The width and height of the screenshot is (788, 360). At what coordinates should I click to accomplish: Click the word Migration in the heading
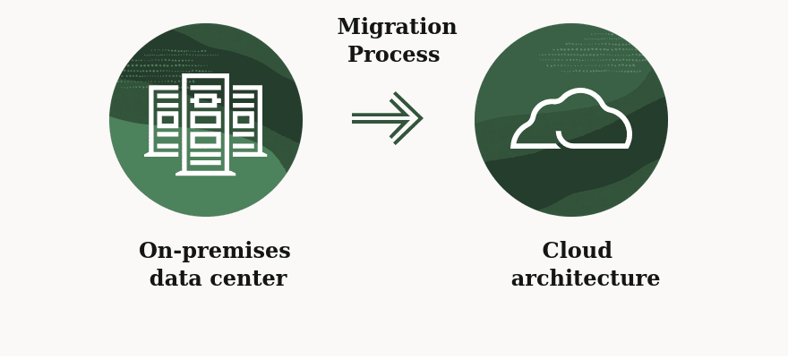[x=397, y=28]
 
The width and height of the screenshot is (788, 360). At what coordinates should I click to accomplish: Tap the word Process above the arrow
[x=393, y=56]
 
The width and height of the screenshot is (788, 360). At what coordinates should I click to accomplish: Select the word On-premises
[x=214, y=251]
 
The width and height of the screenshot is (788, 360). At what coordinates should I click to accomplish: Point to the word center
[x=253, y=279]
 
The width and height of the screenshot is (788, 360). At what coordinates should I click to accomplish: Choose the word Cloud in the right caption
[x=577, y=251]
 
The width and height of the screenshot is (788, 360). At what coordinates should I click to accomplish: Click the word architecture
[x=585, y=279]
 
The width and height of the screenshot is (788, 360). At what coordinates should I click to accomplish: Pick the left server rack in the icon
[x=166, y=121]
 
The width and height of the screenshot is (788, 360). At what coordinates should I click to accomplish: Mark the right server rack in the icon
[x=245, y=121]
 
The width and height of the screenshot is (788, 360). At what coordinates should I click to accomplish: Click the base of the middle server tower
[x=205, y=172]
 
